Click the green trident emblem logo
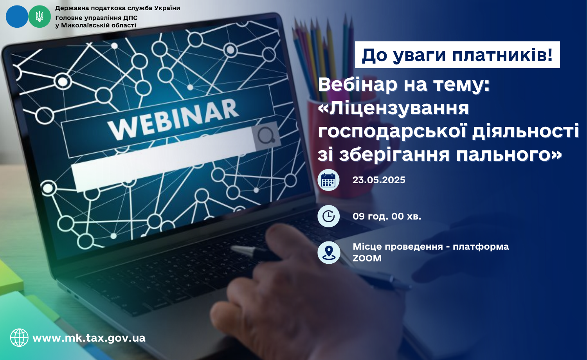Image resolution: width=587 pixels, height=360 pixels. coord(40,16)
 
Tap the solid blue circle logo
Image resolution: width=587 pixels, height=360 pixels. coord(17,16)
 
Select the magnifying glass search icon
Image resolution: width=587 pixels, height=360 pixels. coord(266,136)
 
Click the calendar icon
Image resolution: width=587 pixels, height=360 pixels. coord(328,180)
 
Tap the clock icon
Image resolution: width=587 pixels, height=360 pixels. coord(328,216)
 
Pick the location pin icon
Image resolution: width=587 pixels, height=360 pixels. coord(329,252)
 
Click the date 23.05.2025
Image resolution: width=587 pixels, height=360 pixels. coord(379,180)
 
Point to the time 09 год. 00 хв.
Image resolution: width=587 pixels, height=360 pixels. coord(387,216)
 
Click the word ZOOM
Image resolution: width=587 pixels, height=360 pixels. coord(367,258)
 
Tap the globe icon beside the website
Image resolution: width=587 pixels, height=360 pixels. coord(19,338)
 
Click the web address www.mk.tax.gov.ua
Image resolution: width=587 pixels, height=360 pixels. coord(89,338)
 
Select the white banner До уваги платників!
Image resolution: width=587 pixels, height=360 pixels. coord(457,55)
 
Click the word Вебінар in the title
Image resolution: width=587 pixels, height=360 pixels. coord(358,85)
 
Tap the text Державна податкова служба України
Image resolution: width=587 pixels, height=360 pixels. coord(118,8)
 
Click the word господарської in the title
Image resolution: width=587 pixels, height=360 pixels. coord(392,131)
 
